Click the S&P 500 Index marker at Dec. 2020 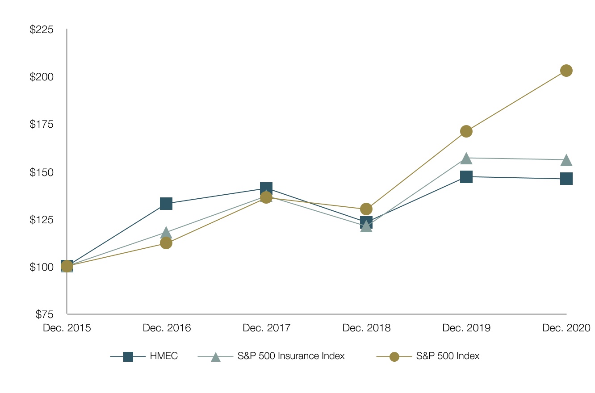(x=566, y=71)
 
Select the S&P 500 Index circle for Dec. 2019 (x=466, y=131)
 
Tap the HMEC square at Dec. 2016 (x=166, y=204)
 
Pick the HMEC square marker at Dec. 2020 (x=566, y=179)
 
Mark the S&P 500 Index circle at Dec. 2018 (x=366, y=209)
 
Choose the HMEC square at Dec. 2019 (x=466, y=177)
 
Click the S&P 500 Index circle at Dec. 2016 (x=166, y=243)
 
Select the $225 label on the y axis (x=41, y=30)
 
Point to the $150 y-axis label (x=41, y=172)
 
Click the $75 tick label (x=44, y=314)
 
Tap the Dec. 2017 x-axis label (x=267, y=328)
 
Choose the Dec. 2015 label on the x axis (x=67, y=328)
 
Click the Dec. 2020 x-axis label (x=566, y=328)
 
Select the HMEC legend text (x=164, y=356)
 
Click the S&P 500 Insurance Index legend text (x=291, y=356)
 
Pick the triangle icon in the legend (x=216, y=357)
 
